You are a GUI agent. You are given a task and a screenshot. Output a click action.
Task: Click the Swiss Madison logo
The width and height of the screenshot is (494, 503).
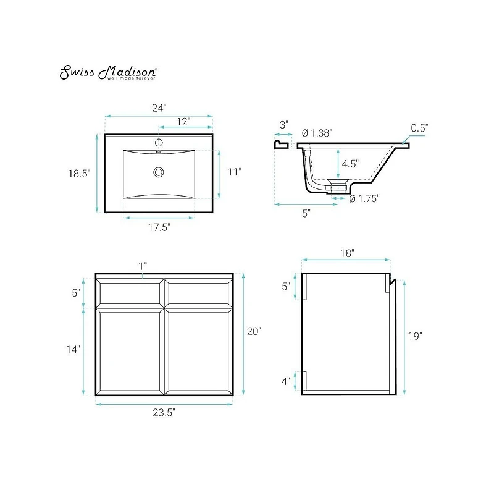(x=107, y=73)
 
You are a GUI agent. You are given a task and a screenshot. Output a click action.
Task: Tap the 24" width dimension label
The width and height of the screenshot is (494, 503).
(x=159, y=108)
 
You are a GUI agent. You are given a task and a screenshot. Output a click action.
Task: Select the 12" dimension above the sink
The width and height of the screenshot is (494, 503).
(x=183, y=121)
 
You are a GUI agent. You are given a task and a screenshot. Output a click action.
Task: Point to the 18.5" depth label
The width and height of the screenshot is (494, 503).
(x=79, y=174)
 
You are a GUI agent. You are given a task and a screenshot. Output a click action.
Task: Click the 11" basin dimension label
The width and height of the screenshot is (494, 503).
(x=233, y=172)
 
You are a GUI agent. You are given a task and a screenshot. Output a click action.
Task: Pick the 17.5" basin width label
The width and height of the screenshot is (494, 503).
(x=159, y=226)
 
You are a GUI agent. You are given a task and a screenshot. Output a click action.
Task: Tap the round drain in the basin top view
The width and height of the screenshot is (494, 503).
(x=159, y=171)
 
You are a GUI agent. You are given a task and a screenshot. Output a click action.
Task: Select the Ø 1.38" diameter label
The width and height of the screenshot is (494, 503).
(x=317, y=132)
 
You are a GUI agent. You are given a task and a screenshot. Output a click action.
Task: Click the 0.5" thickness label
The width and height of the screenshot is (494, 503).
(x=419, y=127)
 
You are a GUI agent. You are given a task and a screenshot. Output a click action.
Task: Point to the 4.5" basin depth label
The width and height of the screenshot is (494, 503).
(x=350, y=164)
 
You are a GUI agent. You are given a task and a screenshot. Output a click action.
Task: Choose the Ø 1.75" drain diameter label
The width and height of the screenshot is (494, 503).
(x=364, y=198)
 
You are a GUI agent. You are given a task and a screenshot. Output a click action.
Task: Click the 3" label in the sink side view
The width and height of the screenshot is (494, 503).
(x=283, y=124)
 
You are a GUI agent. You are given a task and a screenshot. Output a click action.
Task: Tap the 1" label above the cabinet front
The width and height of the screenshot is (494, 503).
(x=143, y=266)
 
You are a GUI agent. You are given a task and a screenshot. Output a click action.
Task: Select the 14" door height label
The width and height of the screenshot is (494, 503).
(x=73, y=349)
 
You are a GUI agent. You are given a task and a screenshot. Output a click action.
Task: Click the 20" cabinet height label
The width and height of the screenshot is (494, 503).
(x=254, y=331)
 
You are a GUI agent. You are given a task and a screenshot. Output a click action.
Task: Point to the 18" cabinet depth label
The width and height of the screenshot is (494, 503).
(x=346, y=253)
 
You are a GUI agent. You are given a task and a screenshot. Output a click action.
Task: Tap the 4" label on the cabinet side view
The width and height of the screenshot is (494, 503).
(x=285, y=381)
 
